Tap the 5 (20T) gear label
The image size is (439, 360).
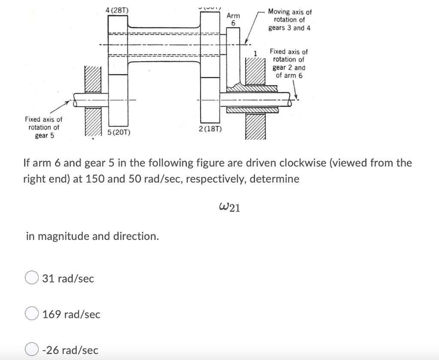click(x=116, y=133)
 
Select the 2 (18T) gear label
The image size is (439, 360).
click(x=210, y=129)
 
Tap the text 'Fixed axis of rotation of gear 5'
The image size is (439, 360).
click(x=43, y=127)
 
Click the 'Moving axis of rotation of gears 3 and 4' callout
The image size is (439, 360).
click(x=290, y=20)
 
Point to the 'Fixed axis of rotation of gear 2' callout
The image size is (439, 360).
click(x=289, y=63)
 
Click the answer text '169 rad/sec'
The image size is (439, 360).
click(x=71, y=315)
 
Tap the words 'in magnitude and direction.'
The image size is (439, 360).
click(x=92, y=236)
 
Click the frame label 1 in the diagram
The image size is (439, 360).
click(x=255, y=54)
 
